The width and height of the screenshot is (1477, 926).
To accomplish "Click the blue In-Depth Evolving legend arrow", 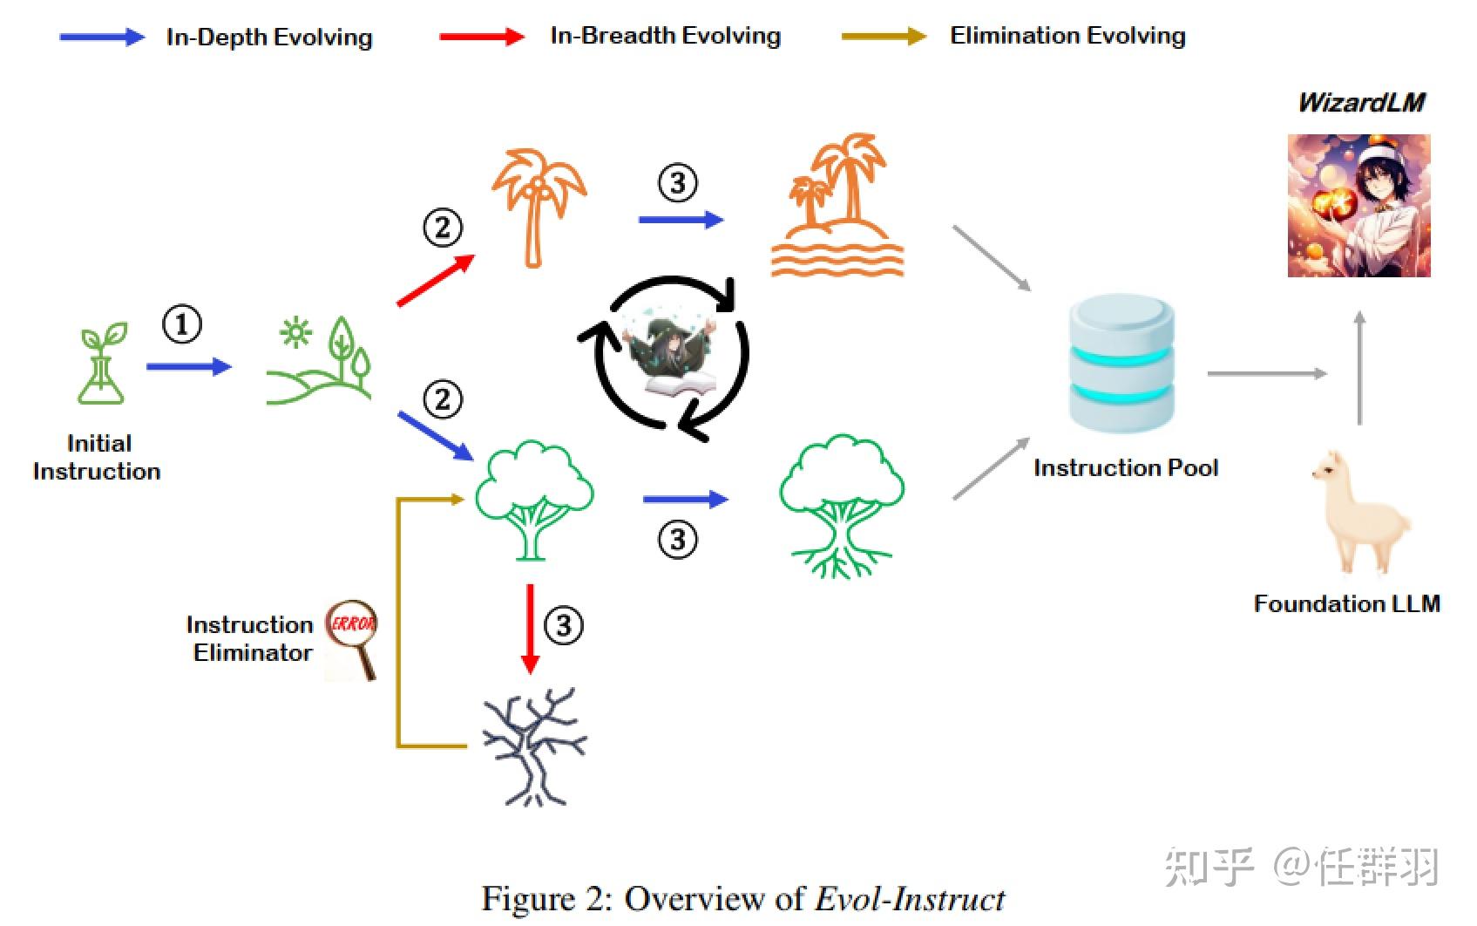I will click(101, 37).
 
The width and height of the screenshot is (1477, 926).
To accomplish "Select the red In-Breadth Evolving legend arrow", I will click(481, 37).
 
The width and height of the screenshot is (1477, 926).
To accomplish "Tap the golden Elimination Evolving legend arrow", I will click(883, 37).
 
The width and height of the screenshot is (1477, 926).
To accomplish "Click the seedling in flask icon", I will click(102, 364).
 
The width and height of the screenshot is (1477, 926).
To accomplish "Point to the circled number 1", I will click(182, 324).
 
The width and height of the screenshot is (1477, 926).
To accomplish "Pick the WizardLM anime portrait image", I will click(1358, 206).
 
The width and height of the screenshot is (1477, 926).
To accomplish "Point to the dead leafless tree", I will click(534, 746).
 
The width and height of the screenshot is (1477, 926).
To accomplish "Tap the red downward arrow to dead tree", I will click(529, 629).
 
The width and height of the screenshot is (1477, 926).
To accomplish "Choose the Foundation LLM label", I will click(1346, 603).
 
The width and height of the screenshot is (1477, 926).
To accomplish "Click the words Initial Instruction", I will click(98, 457).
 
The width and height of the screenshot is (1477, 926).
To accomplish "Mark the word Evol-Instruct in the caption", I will click(910, 899).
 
